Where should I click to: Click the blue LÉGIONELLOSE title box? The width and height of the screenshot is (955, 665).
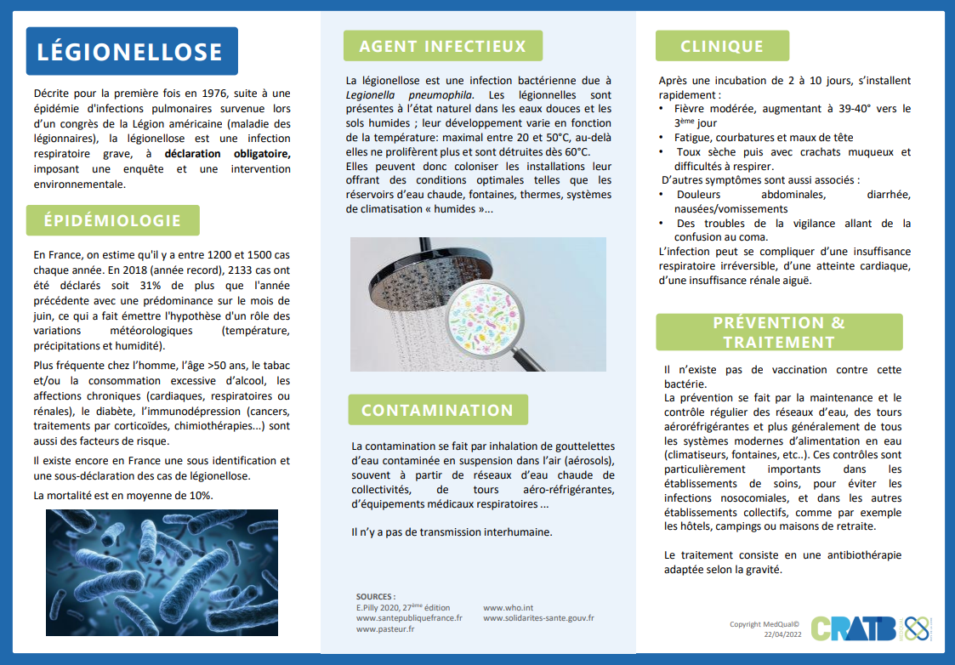point(131,52)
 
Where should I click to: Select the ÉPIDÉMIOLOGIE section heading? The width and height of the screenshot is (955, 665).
point(112,220)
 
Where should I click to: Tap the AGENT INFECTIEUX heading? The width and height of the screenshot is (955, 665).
point(442,46)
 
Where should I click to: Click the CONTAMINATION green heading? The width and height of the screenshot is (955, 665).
point(437,410)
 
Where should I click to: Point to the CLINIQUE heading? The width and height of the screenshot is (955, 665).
point(722,46)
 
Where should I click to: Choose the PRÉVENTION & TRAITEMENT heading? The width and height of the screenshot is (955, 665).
point(779,332)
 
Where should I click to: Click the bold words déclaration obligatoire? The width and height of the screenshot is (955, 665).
point(227,154)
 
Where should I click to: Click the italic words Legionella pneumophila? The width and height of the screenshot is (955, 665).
point(410,94)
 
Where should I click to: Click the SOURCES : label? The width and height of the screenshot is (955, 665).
point(375,596)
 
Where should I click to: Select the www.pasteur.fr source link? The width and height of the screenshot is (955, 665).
point(385,629)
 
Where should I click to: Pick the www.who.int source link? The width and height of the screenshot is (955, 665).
point(509,608)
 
